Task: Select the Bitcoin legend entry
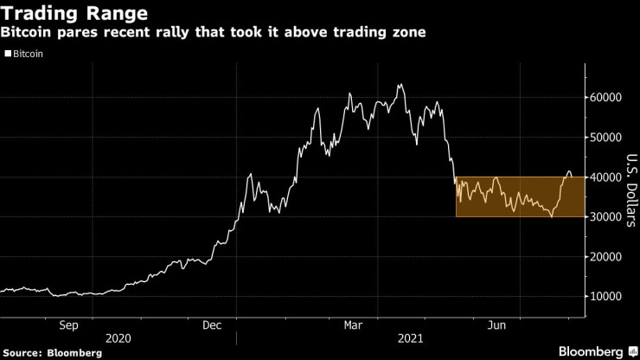(29, 54)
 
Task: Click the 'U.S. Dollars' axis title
(630, 190)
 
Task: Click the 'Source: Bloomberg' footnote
(59, 353)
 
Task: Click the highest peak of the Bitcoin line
(400, 85)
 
